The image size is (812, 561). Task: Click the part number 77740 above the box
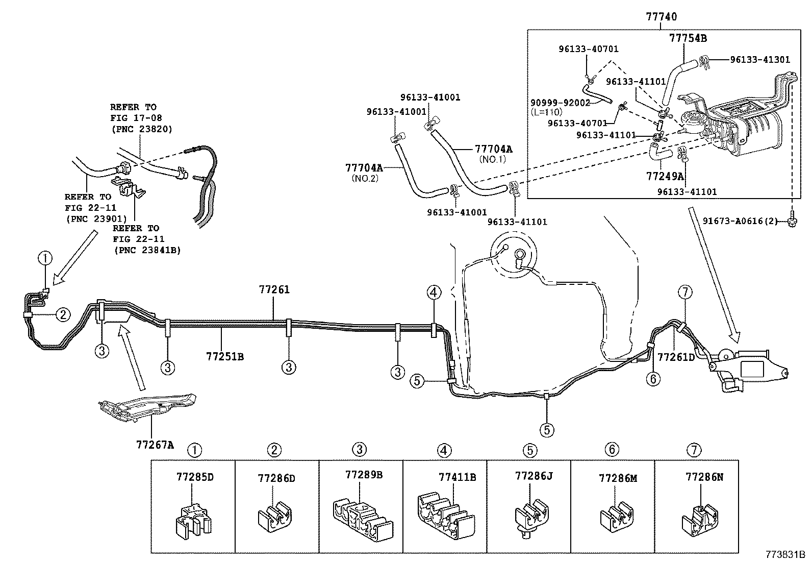[x=661, y=17]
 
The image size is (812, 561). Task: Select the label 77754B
[x=688, y=38]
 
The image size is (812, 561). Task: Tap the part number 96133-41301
[x=759, y=60]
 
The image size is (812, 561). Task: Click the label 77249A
[x=665, y=176]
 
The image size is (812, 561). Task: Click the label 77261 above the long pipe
[x=274, y=290]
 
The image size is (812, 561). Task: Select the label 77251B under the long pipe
[x=225, y=357]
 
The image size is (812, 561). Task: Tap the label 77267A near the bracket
[x=155, y=445]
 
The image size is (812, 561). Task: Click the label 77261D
[x=676, y=357]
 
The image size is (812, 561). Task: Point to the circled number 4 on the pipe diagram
[x=433, y=292]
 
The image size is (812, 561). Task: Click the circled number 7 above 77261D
[x=685, y=292]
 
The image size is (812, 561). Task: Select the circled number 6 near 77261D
[x=653, y=378]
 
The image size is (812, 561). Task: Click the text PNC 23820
[x=141, y=130]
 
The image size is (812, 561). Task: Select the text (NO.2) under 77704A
[x=365, y=178]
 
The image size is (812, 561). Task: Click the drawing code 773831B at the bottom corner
[x=784, y=554]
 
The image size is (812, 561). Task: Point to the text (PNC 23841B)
[x=147, y=250]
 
